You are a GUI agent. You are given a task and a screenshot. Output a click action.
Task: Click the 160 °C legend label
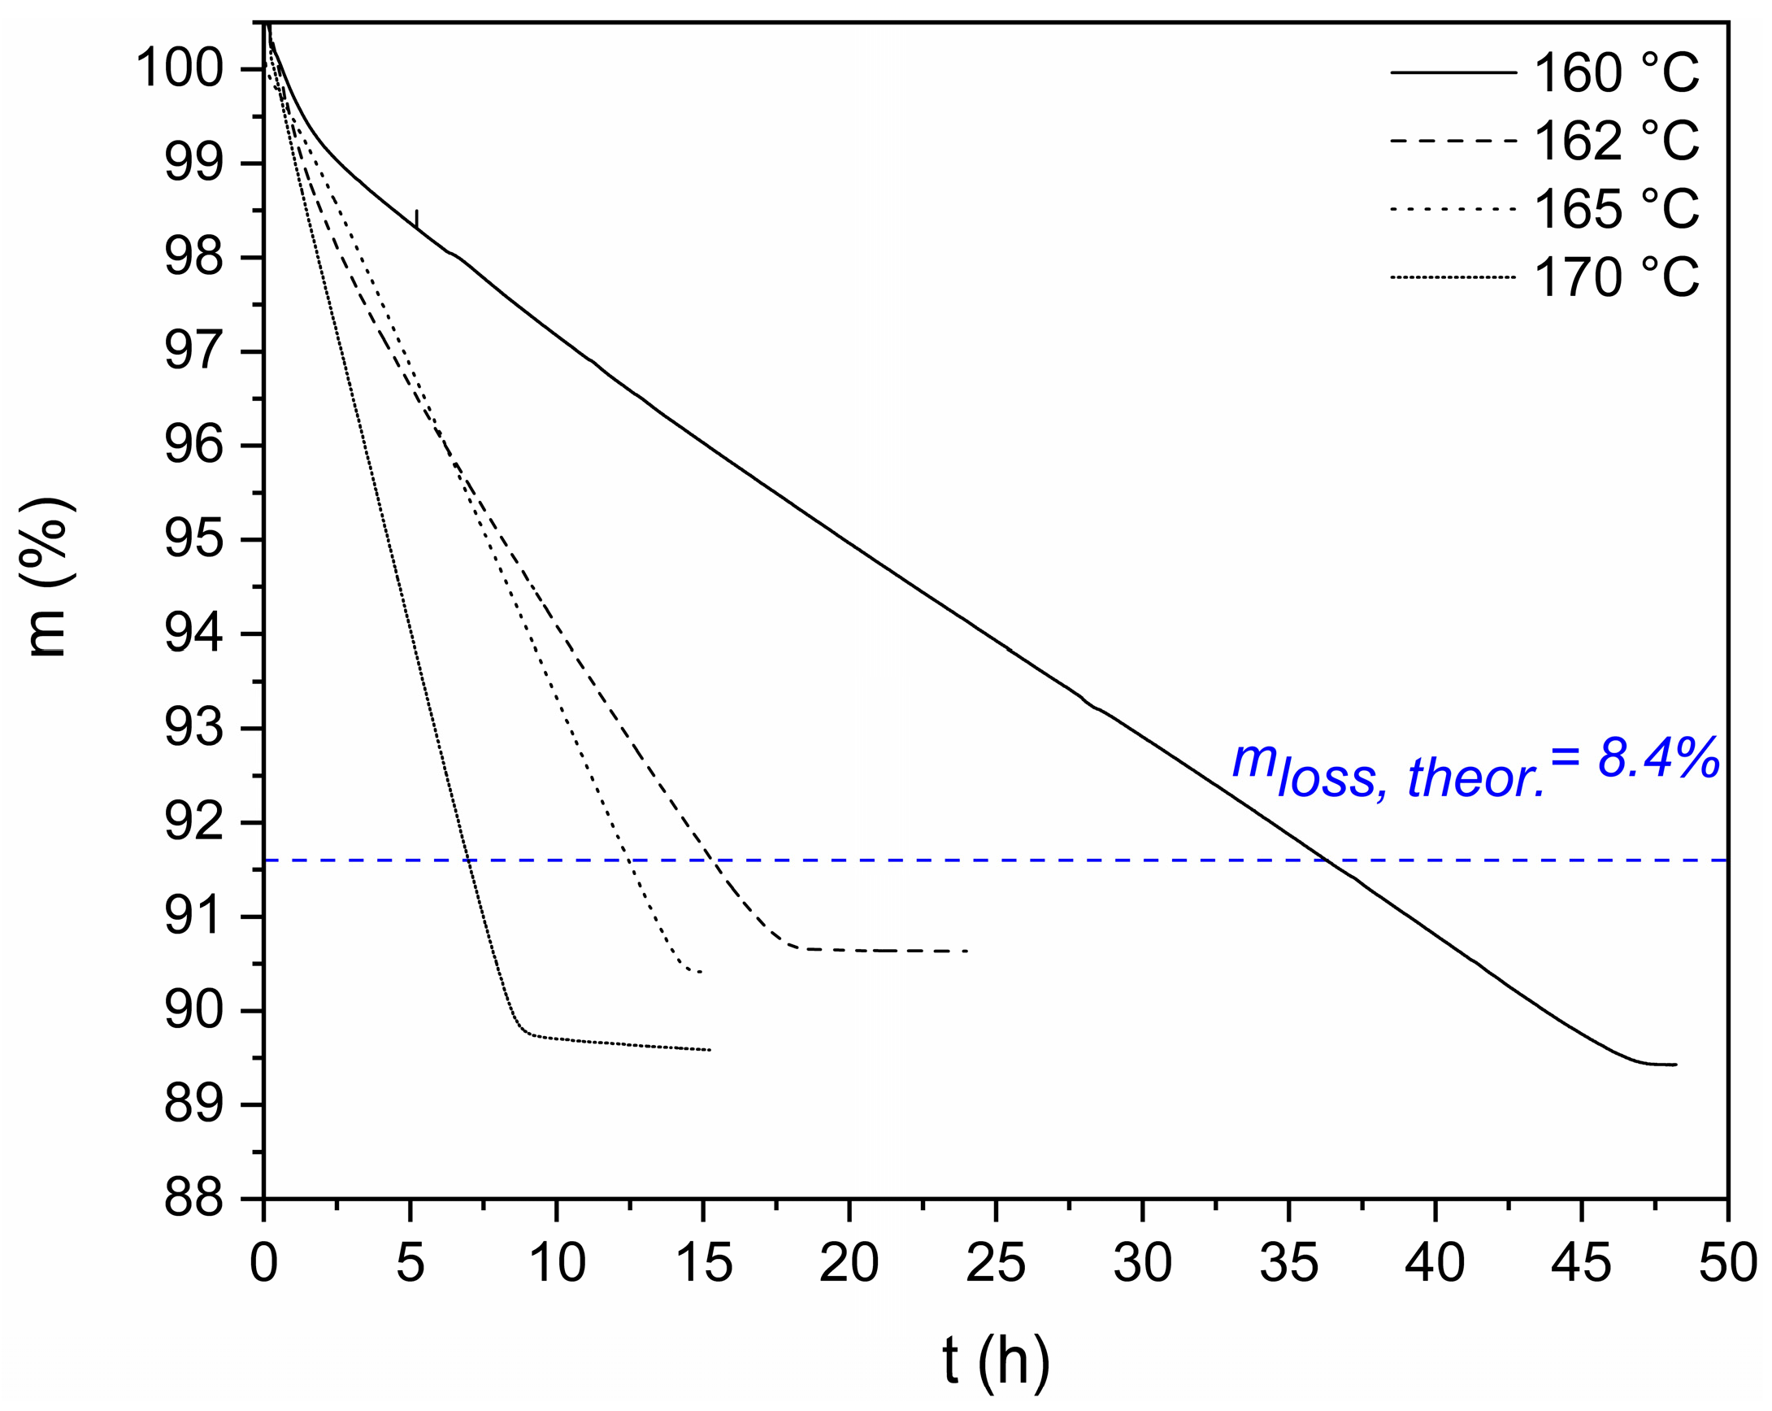point(1616,73)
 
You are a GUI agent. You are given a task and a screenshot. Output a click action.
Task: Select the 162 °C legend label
point(1616,142)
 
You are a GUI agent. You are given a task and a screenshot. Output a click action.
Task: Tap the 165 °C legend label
point(1616,210)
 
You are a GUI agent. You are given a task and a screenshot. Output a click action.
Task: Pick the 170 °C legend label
point(1616,278)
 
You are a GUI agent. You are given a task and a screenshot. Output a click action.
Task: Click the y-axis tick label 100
point(179,68)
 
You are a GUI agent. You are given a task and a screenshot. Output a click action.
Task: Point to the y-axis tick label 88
point(194,1200)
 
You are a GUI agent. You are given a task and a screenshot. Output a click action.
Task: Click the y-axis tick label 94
point(194,635)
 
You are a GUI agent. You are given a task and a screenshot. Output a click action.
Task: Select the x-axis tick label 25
point(995,1263)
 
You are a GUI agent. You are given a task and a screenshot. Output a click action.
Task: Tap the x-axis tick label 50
point(1727,1263)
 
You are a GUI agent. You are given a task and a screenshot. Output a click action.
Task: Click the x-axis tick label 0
point(264,1263)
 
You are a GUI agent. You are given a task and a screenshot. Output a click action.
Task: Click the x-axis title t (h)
point(995,1361)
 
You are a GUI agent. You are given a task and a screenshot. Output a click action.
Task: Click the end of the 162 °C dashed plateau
point(966,952)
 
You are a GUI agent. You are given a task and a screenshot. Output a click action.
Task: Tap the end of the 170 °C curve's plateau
point(710,1050)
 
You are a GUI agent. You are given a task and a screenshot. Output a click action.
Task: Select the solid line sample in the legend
point(1453,73)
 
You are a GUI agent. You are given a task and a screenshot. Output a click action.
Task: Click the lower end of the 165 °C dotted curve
point(699,972)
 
